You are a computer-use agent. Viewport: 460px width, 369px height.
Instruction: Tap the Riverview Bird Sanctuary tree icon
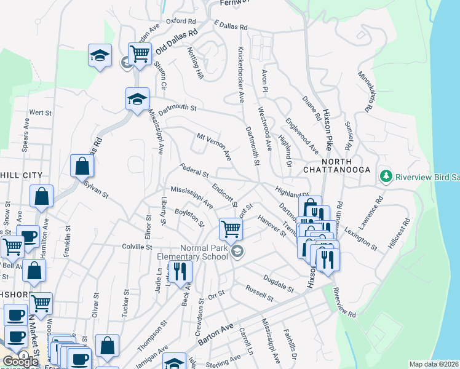[386, 177]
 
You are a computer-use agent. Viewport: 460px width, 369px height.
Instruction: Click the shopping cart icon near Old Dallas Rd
[140, 54]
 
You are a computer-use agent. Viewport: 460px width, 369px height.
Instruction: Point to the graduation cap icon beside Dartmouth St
[137, 98]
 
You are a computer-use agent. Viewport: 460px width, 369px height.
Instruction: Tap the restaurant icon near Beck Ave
[180, 271]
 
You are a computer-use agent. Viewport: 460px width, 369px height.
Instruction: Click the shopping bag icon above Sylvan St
[82, 165]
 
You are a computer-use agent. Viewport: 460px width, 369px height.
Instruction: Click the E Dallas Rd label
[231, 27]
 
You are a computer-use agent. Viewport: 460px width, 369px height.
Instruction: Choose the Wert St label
[40, 113]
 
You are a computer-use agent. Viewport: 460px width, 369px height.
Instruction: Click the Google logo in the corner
[20, 361]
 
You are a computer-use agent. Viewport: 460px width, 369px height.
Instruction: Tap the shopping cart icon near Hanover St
[231, 229]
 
